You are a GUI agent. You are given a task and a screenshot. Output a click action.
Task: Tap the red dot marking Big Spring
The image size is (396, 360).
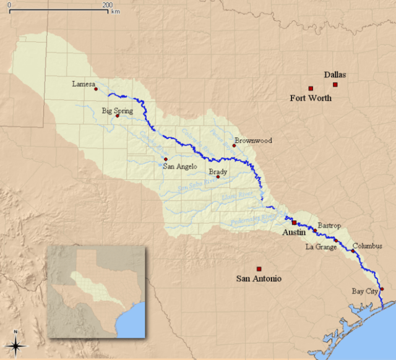(117, 116)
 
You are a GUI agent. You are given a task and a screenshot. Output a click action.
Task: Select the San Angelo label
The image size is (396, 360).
(180, 166)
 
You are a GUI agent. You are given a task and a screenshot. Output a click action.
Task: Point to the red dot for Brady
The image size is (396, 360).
(218, 177)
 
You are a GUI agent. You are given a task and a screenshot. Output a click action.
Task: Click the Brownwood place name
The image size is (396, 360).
(253, 140)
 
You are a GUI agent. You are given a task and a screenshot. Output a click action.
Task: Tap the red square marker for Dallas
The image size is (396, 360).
(335, 85)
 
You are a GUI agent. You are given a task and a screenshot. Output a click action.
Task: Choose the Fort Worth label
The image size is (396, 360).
(311, 98)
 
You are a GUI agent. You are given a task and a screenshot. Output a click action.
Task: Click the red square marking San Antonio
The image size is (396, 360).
(259, 268)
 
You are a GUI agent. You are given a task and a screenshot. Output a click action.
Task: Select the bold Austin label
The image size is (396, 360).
(295, 233)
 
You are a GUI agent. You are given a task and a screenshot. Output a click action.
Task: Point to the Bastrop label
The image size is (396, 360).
(329, 225)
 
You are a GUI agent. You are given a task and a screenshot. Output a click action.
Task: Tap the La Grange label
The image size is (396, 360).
(321, 247)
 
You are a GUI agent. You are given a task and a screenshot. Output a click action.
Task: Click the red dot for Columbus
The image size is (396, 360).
(353, 251)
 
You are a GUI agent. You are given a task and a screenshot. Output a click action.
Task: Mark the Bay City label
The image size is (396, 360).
(366, 290)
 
